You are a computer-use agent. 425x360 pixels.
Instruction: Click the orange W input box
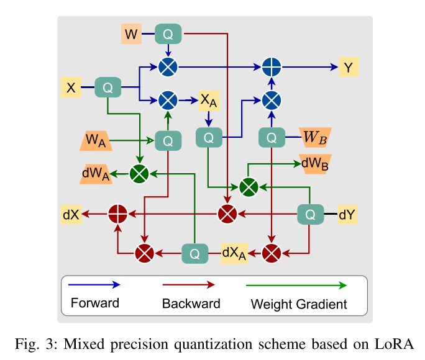(130, 34)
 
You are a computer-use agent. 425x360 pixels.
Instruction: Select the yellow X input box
(71, 88)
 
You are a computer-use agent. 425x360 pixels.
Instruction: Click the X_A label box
(209, 99)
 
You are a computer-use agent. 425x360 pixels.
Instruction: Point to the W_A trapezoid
(96, 141)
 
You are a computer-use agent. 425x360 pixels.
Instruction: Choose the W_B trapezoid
(314, 137)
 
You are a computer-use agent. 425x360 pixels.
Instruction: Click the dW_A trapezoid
(96, 174)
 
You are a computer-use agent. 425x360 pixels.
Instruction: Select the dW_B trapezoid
(315, 163)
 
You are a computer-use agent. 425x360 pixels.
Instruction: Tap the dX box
(70, 214)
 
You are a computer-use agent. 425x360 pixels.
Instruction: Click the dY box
(348, 215)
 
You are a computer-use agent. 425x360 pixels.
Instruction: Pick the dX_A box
(234, 253)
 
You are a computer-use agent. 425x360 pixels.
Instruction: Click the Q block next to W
(168, 34)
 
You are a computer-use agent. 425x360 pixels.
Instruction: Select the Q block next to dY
(309, 215)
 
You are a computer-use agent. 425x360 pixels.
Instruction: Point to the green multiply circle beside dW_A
(139, 174)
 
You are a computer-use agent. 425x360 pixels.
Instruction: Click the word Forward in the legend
(94, 304)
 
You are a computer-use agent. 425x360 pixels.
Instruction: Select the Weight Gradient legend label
(299, 304)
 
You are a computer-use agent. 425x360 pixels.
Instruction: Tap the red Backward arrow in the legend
(188, 284)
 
